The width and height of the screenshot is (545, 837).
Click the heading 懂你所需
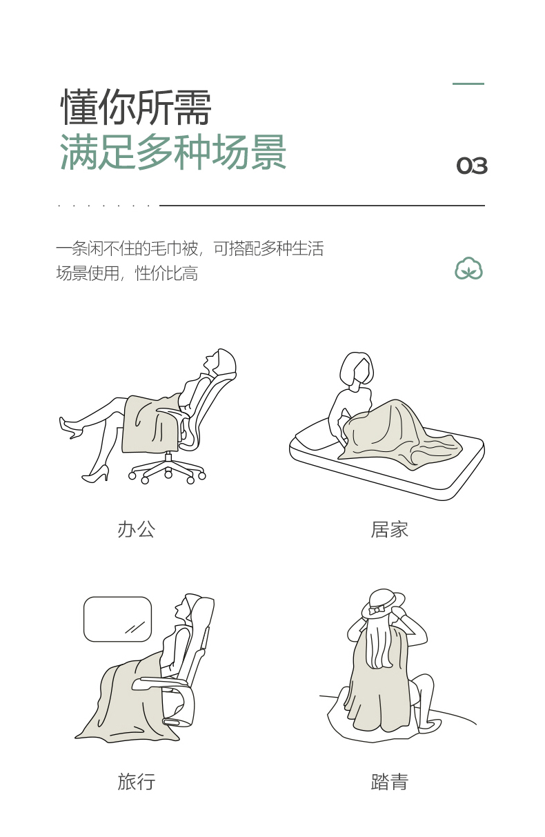pos(136,107)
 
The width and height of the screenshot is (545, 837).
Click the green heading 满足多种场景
pos(173,152)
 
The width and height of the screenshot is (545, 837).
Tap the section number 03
pos(472,166)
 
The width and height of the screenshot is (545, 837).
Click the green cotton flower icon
pos(468,268)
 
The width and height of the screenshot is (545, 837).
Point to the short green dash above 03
pos(468,83)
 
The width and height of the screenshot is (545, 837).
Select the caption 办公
pos(136,529)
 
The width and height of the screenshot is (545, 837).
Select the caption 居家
pos(389,529)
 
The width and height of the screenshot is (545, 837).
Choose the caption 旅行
pos(136,782)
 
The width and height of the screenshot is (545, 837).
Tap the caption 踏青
pos(389,782)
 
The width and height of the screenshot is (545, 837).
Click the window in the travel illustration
pos(117,619)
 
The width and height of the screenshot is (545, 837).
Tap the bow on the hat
pos(377,610)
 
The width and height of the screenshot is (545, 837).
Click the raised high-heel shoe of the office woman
pos(71,427)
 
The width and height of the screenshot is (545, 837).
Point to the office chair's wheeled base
pos(168,469)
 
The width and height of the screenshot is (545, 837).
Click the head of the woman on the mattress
pos(357,369)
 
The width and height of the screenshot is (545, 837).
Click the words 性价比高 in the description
pos(166,273)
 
